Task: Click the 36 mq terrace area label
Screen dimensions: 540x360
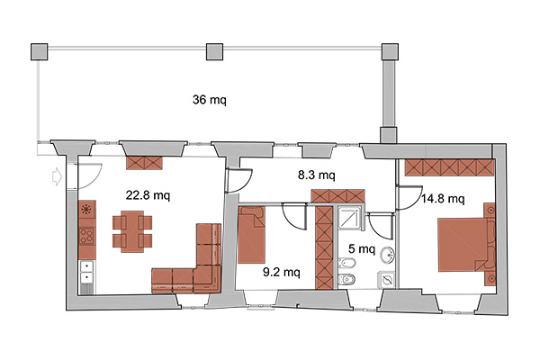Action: [x=210, y=100]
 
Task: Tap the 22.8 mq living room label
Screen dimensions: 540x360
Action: [x=148, y=195]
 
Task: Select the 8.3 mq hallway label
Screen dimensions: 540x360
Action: [x=316, y=175]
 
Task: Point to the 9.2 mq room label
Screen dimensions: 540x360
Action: [x=282, y=272]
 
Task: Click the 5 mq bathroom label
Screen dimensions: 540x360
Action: [x=362, y=248]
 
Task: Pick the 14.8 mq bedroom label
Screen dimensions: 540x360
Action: [x=443, y=198]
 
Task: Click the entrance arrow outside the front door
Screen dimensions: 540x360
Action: [x=57, y=177]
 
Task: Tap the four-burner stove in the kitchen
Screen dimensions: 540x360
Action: [x=86, y=237]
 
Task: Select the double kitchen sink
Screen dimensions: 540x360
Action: [x=86, y=272]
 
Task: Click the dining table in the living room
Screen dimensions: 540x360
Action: [x=132, y=231]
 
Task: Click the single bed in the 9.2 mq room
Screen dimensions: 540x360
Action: [x=251, y=235]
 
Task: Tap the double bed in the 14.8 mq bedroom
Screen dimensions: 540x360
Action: [x=463, y=245]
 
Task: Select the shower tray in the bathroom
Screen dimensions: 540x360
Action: [x=350, y=219]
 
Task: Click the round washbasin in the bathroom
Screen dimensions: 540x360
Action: [x=388, y=256]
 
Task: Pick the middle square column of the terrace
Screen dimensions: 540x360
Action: [x=214, y=51]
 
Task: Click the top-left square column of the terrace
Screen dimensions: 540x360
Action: [x=40, y=51]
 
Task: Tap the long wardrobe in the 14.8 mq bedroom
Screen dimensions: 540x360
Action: [x=449, y=167]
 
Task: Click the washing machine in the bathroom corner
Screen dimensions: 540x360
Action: [x=386, y=280]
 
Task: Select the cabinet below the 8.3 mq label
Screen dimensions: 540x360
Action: [x=337, y=196]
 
